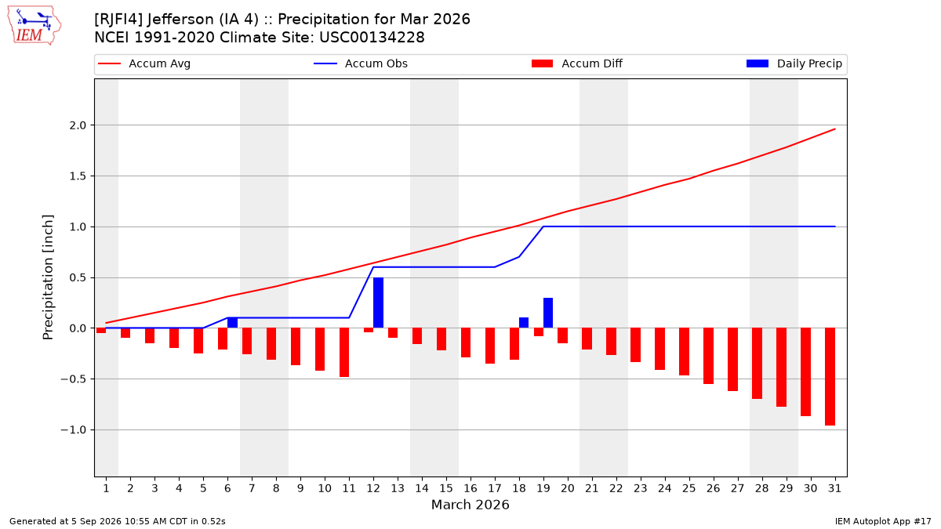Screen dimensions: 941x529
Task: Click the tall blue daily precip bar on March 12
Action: [x=378, y=303]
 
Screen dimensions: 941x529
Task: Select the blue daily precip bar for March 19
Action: [x=548, y=313]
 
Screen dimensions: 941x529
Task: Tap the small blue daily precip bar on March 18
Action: [x=524, y=323]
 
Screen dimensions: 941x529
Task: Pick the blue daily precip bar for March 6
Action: [x=232, y=323]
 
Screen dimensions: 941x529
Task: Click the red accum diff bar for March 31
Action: [x=830, y=377]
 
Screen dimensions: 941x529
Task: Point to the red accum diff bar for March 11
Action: [x=344, y=353]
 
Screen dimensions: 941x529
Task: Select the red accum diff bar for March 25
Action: [x=684, y=352]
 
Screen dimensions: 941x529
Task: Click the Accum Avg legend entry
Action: [x=144, y=63]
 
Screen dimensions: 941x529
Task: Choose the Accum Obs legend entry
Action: [x=361, y=63]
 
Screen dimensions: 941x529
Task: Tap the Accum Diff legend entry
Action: [x=577, y=63]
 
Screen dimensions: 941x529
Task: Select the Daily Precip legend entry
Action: [x=794, y=63]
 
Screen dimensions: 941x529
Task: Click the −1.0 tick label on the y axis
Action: [x=74, y=430]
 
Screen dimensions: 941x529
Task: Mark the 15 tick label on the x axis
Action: [x=446, y=488]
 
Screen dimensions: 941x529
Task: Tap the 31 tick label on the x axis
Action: [x=834, y=488]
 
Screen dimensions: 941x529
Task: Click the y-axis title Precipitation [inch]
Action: [x=48, y=277]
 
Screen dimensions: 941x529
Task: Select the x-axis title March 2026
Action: [x=470, y=505]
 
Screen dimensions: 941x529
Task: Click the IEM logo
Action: [x=35, y=26]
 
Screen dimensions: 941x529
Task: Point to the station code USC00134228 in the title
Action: [x=372, y=38]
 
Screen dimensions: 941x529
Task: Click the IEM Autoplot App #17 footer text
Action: [x=883, y=521]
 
